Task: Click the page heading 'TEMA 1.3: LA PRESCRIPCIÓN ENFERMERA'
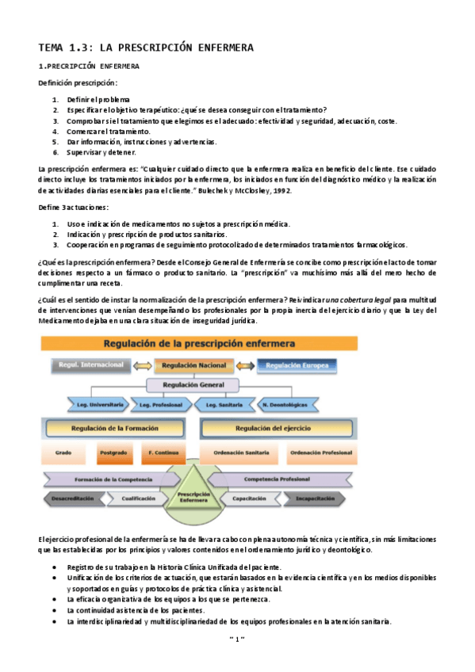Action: pyautogui.click(x=146, y=48)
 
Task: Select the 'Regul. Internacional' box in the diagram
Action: pyautogui.click(x=90, y=365)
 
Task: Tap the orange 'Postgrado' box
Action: pyautogui.click(x=110, y=453)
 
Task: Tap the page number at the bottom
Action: pyautogui.click(x=237, y=637)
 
